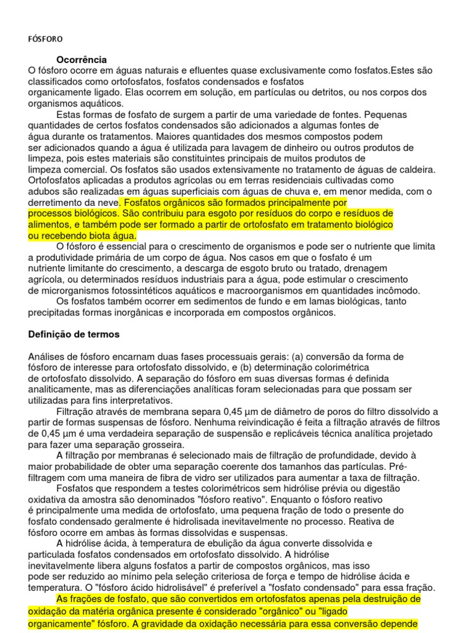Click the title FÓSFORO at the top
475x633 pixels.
[x=45, y=38]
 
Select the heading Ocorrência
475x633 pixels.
[x=82, y=59]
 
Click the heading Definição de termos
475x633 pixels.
[x=74, y=334]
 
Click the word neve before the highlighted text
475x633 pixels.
[x=106, y=202]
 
